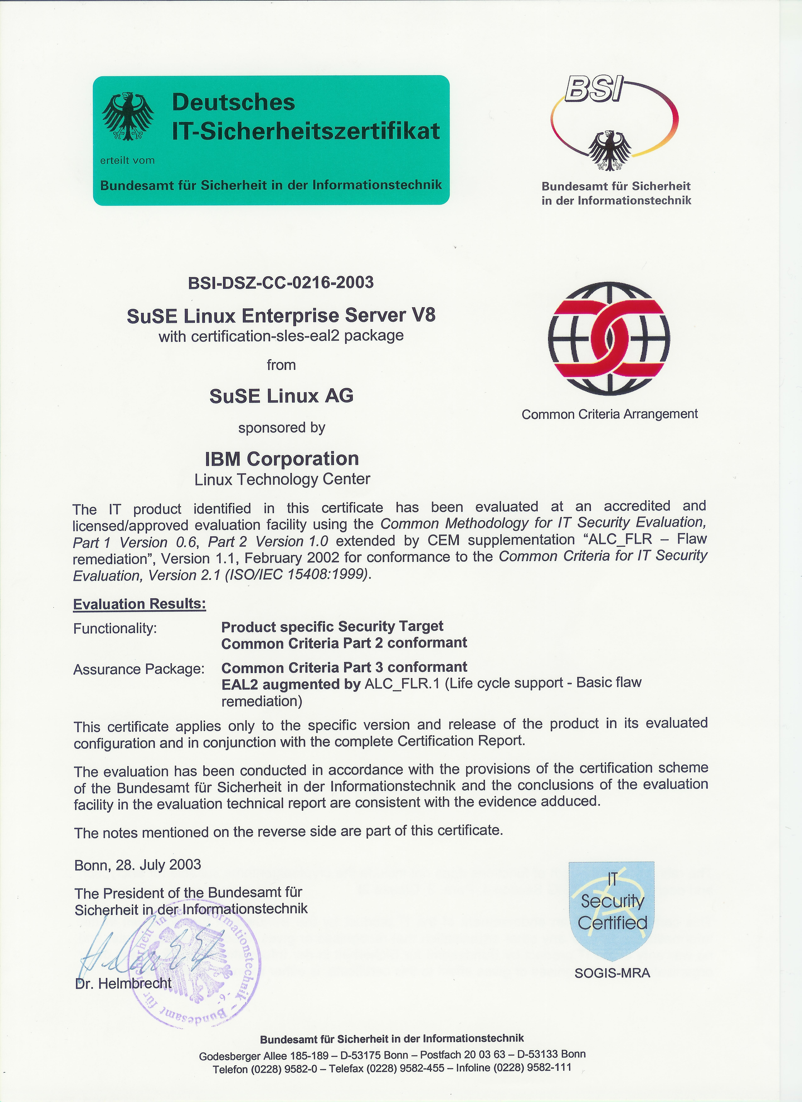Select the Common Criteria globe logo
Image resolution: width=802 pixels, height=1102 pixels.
click(x=609, y=339)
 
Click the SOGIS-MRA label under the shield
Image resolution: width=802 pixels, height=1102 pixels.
click(x=612, y=973)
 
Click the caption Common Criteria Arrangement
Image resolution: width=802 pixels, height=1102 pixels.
click(x=609, y=414)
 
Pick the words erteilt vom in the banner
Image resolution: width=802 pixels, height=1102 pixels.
click(x=127, y=160)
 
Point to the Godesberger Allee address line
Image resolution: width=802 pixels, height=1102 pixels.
click(x=392, y=1054)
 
